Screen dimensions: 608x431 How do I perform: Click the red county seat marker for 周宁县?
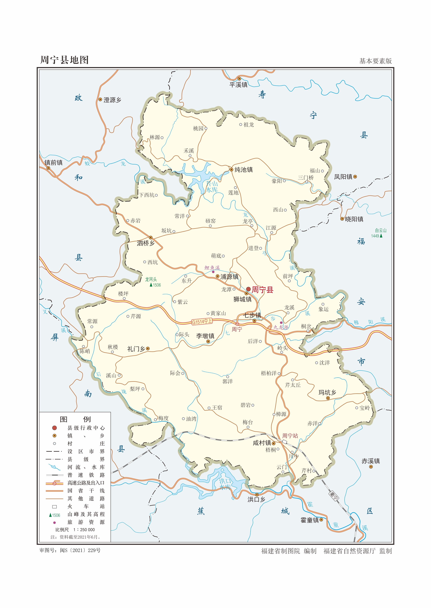point(248,289)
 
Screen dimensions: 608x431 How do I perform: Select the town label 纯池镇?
point(243,170)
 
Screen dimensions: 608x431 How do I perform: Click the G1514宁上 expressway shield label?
point(202,322)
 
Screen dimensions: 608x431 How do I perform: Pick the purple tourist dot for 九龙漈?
point(281,323)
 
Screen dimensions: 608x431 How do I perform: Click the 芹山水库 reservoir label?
point(212,187)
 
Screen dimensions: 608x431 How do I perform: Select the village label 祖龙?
point(249,125)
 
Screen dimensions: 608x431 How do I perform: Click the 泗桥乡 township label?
point(146,243)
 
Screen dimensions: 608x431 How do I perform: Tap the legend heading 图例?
point(75,419)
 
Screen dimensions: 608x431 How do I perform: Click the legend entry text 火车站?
point(86,506)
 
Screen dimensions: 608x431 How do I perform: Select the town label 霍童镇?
point(309,520)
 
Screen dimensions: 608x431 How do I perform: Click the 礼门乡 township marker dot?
point(148,349)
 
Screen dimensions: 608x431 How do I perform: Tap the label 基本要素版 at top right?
point(375,61)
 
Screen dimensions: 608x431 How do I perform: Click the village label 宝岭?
point(365,408)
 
